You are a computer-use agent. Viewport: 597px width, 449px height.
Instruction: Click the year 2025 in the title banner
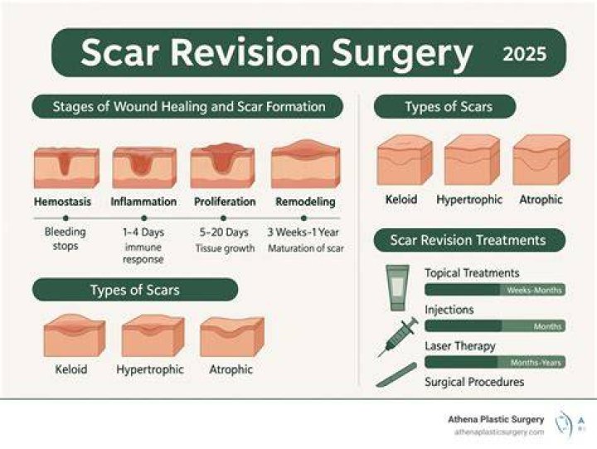tap(525, 54)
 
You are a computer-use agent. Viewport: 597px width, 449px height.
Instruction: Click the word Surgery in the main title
tap(402, 53)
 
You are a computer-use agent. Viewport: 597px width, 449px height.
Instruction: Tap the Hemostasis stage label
tap(62, 201)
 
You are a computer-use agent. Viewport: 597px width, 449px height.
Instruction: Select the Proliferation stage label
tap(225, 201)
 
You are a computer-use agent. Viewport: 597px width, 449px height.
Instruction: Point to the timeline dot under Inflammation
tap(144, 218)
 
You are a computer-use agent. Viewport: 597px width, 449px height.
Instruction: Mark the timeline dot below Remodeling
tap(303, 218)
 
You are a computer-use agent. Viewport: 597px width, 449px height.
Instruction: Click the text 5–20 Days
tap(224, 232)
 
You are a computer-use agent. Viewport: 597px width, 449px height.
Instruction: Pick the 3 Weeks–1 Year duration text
tap(303, 232)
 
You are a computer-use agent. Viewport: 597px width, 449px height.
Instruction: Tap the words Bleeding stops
tap(66, 238)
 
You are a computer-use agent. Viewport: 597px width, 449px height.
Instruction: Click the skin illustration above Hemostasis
tap(66, 168)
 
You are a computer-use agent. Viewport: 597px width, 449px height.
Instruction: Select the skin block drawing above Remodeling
tap(306, 163)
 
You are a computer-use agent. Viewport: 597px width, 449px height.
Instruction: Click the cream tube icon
tap(397, 288)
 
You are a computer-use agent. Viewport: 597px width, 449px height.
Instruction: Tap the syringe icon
tap(398, 337)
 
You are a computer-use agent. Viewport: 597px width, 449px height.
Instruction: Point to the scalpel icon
tap(396, 375)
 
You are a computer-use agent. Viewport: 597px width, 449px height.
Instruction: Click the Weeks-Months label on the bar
tap(534, 290)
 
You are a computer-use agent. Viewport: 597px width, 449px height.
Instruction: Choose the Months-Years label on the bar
tap(536, 363)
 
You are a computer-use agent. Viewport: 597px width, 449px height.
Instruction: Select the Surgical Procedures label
tap(474, 382)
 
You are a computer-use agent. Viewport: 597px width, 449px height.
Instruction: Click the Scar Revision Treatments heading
tap(468, 240)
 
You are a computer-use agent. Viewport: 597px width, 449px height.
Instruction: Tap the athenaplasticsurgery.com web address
tap(499, 432)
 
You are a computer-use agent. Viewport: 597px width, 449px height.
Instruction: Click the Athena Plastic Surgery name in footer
tap(496, 419)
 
